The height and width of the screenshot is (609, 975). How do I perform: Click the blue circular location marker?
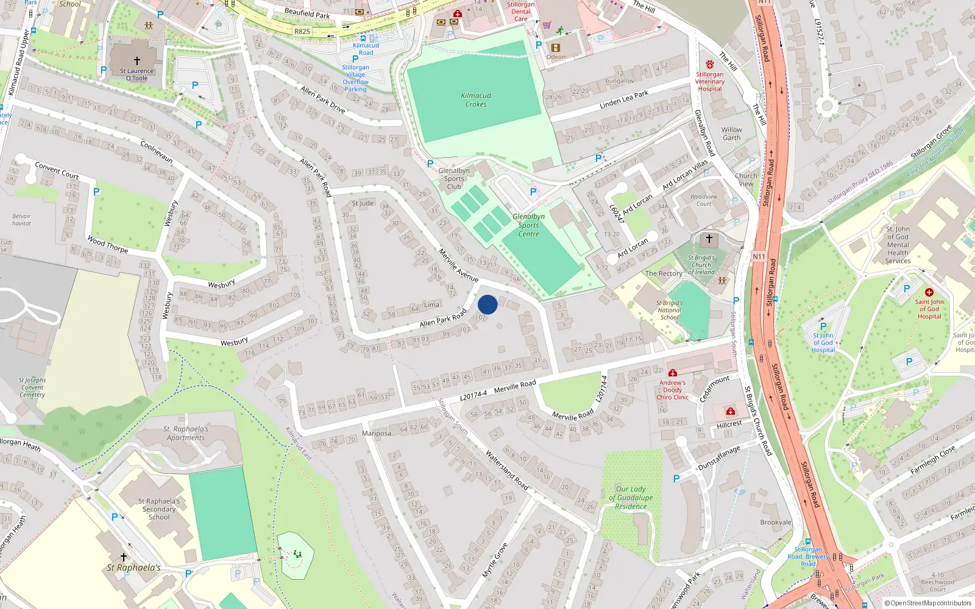(x=487, y=304)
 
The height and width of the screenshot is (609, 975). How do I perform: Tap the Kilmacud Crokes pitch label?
(x=476, y=100)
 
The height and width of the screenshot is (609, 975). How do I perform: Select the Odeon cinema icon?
(x=555, y=48)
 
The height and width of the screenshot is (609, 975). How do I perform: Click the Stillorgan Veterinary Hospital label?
(x=710, y=82)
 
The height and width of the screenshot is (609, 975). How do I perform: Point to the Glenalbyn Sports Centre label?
(x=528, y=225)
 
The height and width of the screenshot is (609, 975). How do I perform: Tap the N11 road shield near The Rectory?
(x=758, y=256)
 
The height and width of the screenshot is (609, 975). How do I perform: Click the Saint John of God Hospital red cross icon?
(x=929, y=292)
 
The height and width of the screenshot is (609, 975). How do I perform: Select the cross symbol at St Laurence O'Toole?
(x=137, y=61)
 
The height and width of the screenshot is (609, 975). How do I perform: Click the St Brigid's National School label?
(x=669, y=310)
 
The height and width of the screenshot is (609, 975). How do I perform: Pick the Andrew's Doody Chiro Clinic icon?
(x=672, y=373)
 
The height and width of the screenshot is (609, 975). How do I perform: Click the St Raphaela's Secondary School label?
(x=159, y=509)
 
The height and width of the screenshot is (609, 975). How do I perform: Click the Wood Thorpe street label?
(x=107, y=244)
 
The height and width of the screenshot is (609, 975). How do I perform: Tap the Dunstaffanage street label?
(x=719, y=457)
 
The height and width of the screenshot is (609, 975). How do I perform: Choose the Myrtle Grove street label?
(x=494, y=560)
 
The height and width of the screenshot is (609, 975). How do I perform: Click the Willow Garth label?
(x=732, y=134)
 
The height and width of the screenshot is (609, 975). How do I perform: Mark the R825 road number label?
(x=302, y=32)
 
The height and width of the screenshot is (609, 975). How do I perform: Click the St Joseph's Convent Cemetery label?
(x=32, y=387)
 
